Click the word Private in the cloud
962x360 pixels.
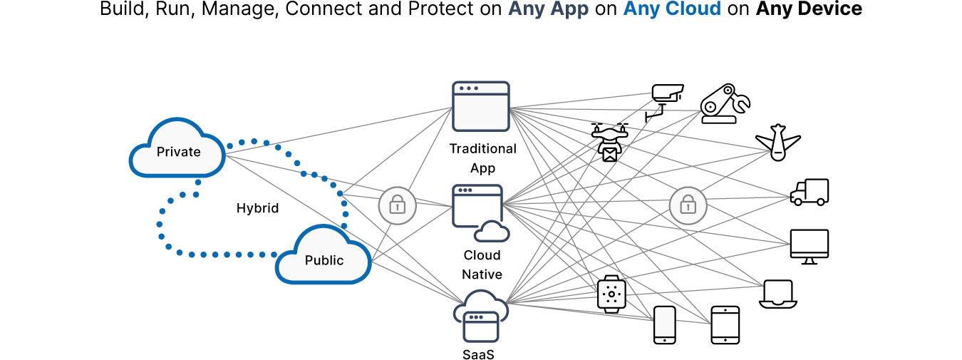178,152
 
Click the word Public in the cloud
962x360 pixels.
324,260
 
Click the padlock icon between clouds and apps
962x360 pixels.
397,206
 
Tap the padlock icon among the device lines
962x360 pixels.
688,206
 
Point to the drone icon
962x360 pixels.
609,143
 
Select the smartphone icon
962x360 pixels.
664,325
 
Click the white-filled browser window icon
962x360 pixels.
481,106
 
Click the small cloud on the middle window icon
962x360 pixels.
492,232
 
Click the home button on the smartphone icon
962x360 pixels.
664,340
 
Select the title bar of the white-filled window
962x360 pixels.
481,88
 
